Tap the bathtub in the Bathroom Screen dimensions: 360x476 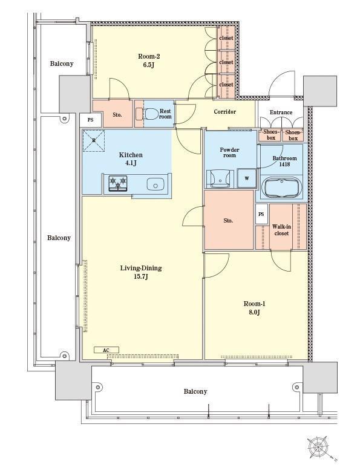click(281, 187)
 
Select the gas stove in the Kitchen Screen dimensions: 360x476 click(118, 183)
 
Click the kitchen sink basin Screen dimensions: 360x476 click(155, 184)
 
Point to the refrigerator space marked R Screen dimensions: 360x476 click(94, 140)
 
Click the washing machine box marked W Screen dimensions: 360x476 click(247, 178)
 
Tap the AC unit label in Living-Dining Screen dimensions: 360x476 click(106, 350)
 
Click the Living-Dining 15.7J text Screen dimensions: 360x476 click(141, 272)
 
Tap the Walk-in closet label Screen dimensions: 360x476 click(281, 230)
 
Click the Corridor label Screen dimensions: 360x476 click(225, 112)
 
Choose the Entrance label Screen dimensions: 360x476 click(281, 112)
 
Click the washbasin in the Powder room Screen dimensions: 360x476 click(220, 179)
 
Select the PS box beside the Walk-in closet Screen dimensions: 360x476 click(261, 214)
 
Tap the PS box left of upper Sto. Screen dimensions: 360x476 click(91, 120)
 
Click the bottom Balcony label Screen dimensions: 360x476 click(195, 391)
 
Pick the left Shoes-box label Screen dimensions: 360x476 click(270, 135)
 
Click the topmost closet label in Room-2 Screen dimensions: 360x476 click(226, 38)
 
